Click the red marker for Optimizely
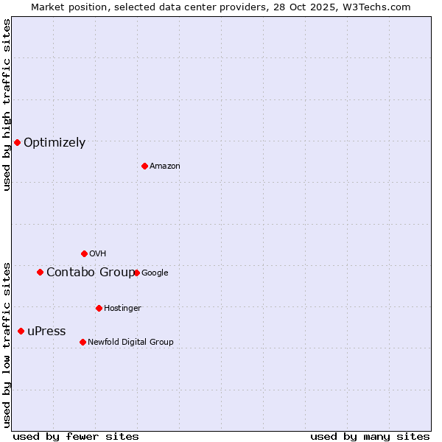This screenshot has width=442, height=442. click(x=17, y=142)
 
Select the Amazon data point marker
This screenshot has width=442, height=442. click(x=144, y=166)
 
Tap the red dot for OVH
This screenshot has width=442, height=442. click(x=84, y=253)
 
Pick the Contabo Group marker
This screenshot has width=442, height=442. click(x=40, y=272)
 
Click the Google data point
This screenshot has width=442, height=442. click(x=136, y=273)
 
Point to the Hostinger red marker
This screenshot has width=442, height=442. click(x=99, y=308)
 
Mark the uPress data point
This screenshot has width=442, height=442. click(x=21, y=331)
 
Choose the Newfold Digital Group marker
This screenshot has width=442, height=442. click(x=83, y=342)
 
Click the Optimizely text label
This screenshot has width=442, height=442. click(x=55, y=143)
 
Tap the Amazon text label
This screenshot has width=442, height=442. click(x=165, y=166)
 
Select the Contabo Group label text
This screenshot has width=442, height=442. click(x=91, y=273)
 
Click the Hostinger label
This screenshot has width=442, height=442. click(x=122, y=308)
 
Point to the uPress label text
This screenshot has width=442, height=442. click(x=46, y=331)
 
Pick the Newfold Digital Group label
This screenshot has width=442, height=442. click(x=130, y=342)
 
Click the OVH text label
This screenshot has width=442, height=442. click(x=98, y=254)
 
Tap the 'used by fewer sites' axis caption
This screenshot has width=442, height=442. click(x=76, y=436)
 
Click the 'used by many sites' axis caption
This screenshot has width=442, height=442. click(x=370, y=436)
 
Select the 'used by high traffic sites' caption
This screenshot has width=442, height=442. click(x=7, y=105)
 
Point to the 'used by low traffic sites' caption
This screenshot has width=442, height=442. click(x=7, y=344)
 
